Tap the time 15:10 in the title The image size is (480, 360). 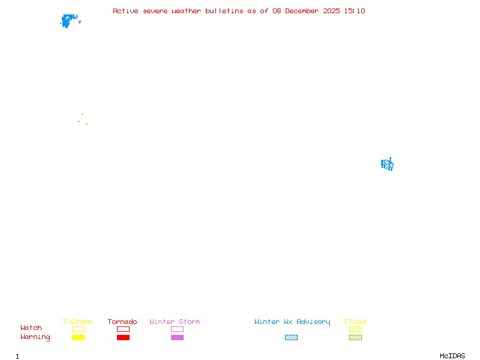[x=355, y=11]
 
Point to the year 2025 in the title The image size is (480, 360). [x=332, y=11]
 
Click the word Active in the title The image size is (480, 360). [x=125, y=11]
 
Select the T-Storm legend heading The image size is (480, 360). [x=77, y=322]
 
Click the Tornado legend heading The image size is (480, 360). [x=122, y=322]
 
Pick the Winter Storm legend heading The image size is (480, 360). [x=175, y=322]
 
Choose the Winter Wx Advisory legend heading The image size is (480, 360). [x=292, y=322]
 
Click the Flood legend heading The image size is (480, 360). [x=355, y=322]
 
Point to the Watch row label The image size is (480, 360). [x=31, y=328]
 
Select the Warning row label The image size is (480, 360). [x=35, y=337]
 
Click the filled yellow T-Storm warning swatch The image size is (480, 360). [x=78, y=338]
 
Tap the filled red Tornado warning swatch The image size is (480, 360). [x=123, y=338]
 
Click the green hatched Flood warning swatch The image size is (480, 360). [x=355, y=338]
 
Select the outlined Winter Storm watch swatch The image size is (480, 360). [x=177, y=329]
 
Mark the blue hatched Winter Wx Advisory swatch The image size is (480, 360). [x=291, y=338]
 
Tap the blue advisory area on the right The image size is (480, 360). [x=388, y=164]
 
